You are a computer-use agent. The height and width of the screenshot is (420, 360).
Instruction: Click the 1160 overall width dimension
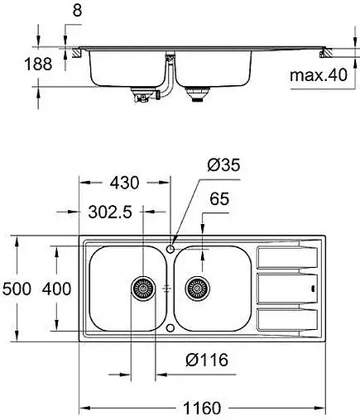point(200,408)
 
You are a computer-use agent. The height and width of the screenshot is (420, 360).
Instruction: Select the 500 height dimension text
point(17,289)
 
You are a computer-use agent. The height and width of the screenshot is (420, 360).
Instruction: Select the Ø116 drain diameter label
point(207,360)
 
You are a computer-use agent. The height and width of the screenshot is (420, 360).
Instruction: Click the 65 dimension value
point(218,200)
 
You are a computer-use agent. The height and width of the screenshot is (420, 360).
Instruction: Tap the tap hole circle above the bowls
point(170,247)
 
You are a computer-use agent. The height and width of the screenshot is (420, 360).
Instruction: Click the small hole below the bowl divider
point(170,328)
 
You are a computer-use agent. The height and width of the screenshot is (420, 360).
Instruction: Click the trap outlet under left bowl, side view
point(142,98)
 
